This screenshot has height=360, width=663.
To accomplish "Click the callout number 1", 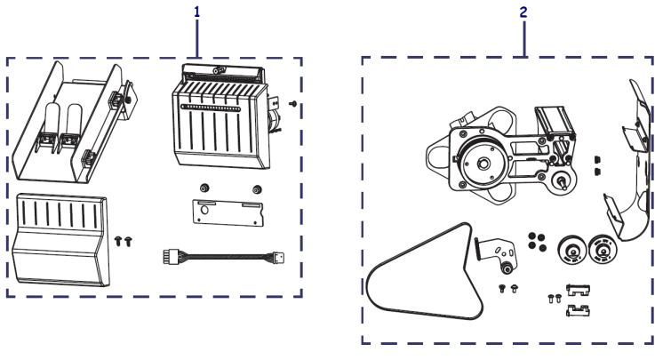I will coord(196,12).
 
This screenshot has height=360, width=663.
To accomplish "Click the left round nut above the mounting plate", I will coord(205,188).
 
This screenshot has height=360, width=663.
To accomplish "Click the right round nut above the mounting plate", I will coord(258,188).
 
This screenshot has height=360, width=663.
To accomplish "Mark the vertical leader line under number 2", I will coord(525,40).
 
